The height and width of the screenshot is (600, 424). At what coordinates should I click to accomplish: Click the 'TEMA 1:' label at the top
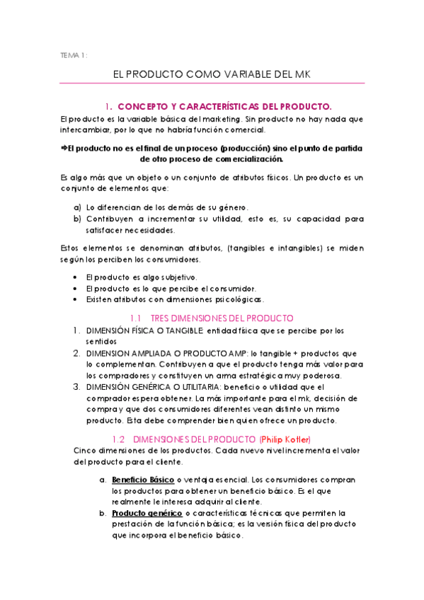(x=74, y=54)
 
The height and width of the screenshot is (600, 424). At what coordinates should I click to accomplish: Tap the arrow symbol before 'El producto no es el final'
(x=64, y=147)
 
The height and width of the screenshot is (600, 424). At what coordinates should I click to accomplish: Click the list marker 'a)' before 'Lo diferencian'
(x=77, y=207)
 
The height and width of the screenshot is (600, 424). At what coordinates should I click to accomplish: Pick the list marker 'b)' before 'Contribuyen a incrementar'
(x=77, y=219)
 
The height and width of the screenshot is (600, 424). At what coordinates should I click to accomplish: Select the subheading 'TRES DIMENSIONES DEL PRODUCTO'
(x=222, y=318)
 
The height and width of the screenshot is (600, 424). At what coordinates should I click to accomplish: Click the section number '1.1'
(x=137, y=318)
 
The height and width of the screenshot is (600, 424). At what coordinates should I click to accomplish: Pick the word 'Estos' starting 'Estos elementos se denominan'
(x=73, y=248)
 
